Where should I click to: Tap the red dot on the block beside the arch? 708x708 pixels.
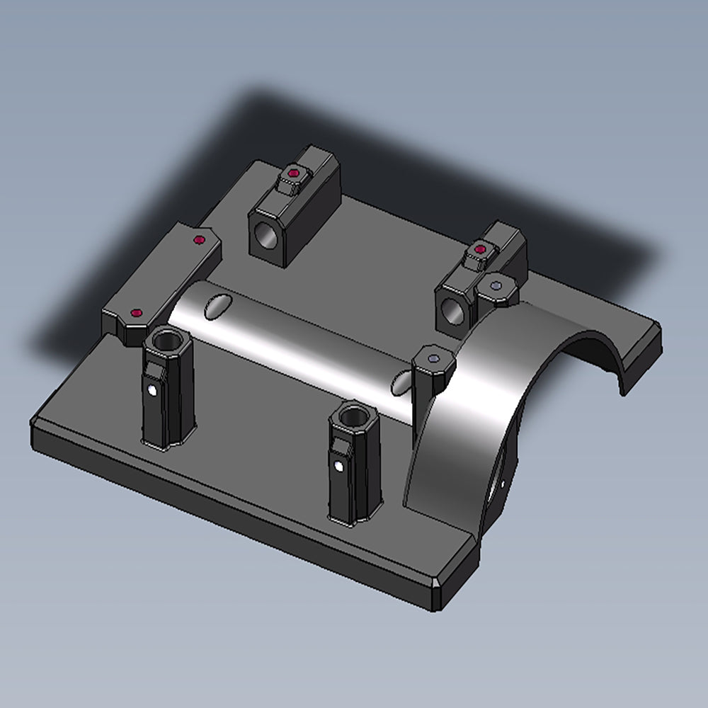coord(481,249)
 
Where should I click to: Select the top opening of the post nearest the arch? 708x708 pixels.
coord(352,416)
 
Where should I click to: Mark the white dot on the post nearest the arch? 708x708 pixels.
coord(339,466)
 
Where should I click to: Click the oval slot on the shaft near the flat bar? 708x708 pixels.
coord(218,306)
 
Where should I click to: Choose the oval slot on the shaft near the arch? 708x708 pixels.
coord(401,382)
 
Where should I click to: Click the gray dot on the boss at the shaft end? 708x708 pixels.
coord(433,359)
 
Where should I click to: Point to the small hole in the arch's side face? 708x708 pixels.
coord(503,484)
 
